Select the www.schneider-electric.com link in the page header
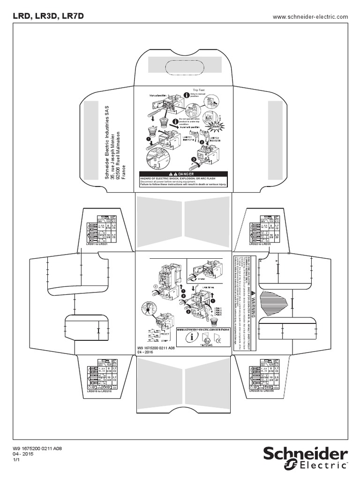tap(310, 17)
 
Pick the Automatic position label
tap(190, 126)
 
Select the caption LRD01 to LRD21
tap(97, 244)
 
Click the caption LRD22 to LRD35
tap(259, 244)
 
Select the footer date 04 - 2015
tap(22, 454)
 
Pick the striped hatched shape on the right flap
tap(284, 299)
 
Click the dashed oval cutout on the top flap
tap(185, 65)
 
